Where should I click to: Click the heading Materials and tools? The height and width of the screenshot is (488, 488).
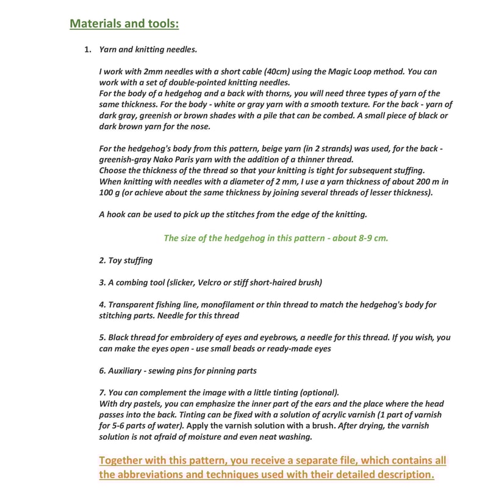(124, 24)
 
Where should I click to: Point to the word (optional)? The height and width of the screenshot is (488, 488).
(320, 392)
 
